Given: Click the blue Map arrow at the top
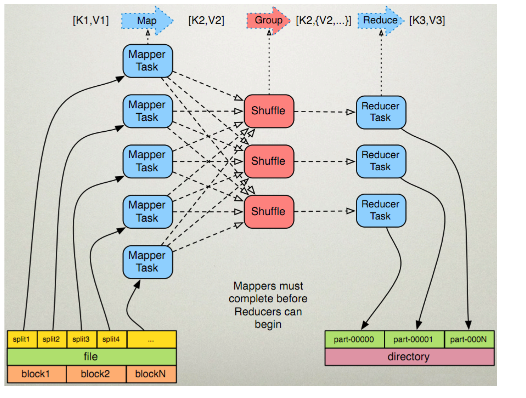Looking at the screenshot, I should click(x=147, y=21).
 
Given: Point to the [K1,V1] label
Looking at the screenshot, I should click(x=90, y=21).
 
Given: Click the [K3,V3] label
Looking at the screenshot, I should click(x=427, y=21).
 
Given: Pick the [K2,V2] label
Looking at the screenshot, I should click(x=206, y=21).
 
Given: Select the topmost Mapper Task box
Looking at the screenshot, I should click(x=147, y=61).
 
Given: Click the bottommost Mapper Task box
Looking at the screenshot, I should click(x=147, y=262).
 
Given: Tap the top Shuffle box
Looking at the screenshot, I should click(x=269, y=111).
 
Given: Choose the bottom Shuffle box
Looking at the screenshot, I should click(x=269, y=211).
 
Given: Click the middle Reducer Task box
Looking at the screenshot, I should click(x=381, y=161).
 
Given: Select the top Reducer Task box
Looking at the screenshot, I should click(x=381, y=112).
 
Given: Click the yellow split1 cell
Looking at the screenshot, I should click(x=22, y=339).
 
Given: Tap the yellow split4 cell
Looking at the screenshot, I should click(x=111, y=339).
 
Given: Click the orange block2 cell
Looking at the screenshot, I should click(x=95, y=374).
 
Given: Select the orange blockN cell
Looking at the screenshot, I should click(x=151, y=374).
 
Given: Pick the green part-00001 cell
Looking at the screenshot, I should click(x=413, y=340).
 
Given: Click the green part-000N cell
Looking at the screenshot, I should click(x=469, y=340).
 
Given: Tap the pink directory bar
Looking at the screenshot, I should click(x=409, y=357).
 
